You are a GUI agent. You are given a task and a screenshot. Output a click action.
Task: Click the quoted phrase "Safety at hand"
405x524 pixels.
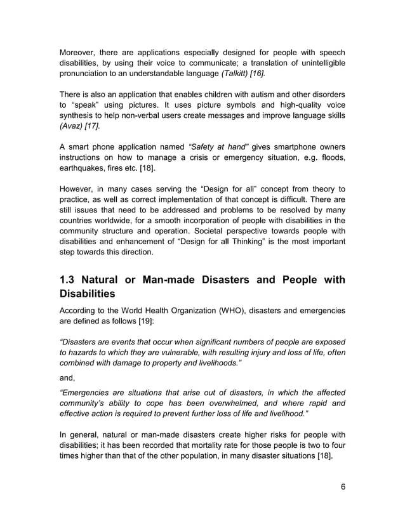(x=214, y=147)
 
